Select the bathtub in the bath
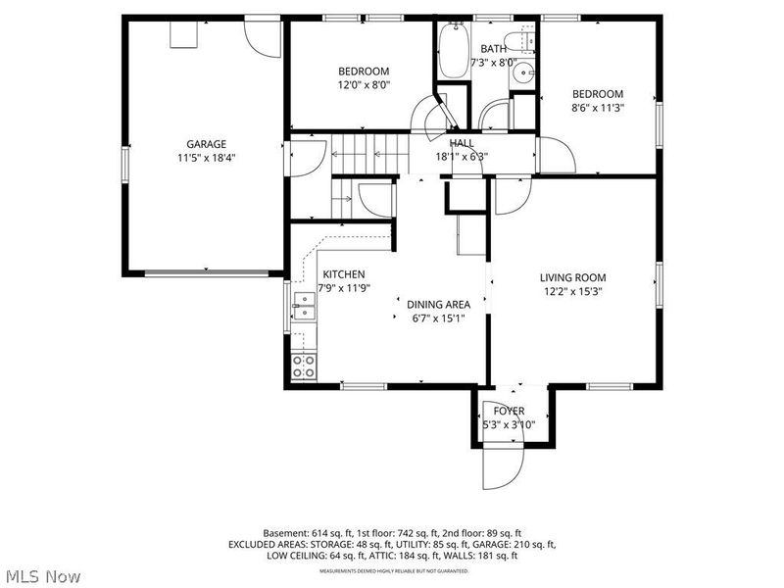tap(453, 51)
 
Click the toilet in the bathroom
tap(525, 40)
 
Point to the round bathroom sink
tap(523, 73)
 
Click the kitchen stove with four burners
tap(304, 367)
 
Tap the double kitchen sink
tap(303, 314)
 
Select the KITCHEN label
tap(344, 274)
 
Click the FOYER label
tap(509, 411)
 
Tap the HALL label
tap(462, 143)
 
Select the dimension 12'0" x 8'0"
tap(364, 84)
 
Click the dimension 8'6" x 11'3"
tap(598, 108)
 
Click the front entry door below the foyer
tap(500, 466)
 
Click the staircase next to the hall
tap(369, 153)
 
